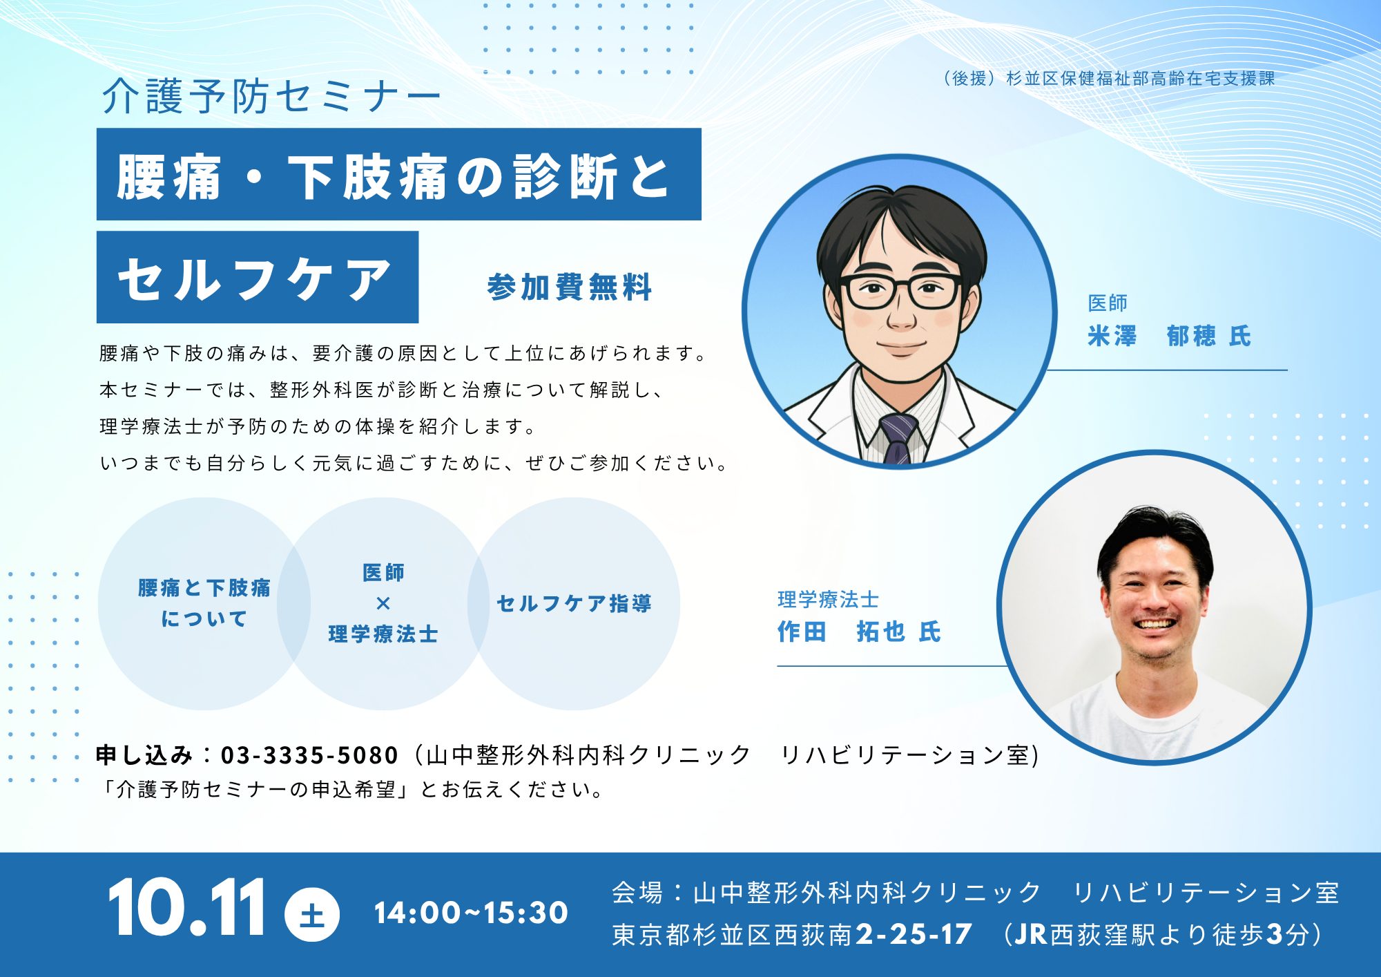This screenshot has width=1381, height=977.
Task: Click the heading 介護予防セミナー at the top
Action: tap(271, 96)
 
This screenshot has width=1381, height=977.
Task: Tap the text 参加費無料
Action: tap(570, 287)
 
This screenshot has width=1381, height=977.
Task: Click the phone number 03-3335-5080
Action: tap(309, 755)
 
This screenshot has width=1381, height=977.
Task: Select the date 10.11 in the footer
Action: tap(186, 907)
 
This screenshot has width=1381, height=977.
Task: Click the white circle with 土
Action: tap(312, 914)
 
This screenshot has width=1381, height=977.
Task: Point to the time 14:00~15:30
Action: tap(471, 913)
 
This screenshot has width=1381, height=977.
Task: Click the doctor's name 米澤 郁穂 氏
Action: tap(1169, 336)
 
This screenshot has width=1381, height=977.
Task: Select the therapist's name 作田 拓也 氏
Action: tap(859, 632)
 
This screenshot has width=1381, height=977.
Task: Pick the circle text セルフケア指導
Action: tap(574, 603)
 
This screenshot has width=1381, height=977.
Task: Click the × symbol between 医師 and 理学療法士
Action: tap(383, 603)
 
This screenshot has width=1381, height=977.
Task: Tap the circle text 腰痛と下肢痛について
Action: tap(204, 603)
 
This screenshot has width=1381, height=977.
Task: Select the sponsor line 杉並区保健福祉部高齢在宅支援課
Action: tap(1140, 79)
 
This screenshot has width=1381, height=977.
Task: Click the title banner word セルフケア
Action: tap(255, 279)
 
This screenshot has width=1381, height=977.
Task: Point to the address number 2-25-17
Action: tap(914, 934)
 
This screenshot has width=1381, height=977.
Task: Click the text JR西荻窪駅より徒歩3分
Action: tap(1161, 934)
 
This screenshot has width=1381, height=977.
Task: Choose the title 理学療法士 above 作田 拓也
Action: tap(828, 599)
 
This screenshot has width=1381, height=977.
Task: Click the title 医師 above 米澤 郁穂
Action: tap(1108, 303)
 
